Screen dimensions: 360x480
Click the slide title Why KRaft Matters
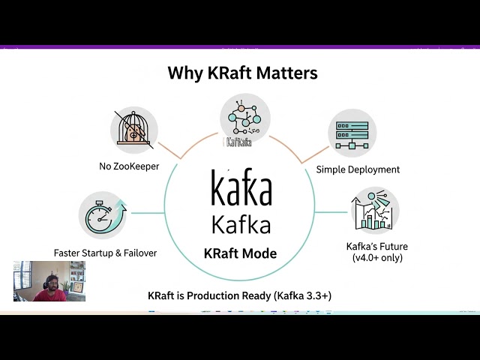point(242,73)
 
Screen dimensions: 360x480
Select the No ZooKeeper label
point(129,166)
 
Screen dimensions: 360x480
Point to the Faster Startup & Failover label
point(105,253)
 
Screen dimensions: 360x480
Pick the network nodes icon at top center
point(244,116)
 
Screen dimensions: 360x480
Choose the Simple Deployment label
point(358,169)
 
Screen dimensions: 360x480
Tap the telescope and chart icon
point(374,211)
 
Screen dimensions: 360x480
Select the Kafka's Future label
point(376,246)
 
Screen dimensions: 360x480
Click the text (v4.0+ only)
point(376,258)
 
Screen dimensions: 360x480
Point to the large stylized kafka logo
point(241,190)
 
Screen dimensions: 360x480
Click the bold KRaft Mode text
point(240,253)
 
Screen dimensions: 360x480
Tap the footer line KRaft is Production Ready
point(240,296)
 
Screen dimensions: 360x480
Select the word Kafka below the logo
point(241,224)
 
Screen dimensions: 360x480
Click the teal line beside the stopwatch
point(146,213)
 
